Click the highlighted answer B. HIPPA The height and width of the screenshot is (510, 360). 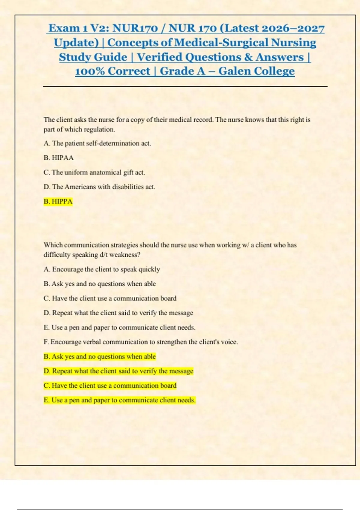coord(58,201)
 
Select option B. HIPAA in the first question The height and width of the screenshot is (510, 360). coord(58,158)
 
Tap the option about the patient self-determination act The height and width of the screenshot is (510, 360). coord(97,143)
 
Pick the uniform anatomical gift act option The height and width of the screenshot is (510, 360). coord(94,172)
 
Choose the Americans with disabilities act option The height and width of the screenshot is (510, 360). coord(99,187)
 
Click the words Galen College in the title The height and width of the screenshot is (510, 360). coord(256,71)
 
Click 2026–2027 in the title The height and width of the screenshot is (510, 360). coord(293,28)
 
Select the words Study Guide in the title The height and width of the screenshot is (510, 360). coord(93,57)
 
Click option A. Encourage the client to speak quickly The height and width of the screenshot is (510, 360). coord(102,269)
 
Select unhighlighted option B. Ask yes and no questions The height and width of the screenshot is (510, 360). coord(100,284)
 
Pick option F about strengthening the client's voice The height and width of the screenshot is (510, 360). coord(141,342)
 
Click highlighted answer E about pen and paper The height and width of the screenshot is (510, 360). coord(119,400)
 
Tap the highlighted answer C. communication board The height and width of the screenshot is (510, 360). coord(110,385)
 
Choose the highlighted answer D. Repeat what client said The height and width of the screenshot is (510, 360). coord(118,371)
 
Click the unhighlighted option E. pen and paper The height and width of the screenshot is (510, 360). coord(119,328)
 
